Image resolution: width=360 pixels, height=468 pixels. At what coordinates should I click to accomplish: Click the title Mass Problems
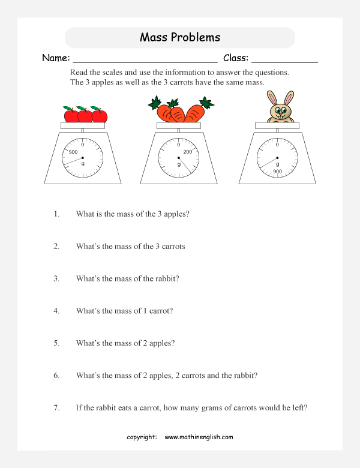(x=180, y=37)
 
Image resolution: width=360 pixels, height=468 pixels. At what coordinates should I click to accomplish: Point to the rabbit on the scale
(x=280, y=109)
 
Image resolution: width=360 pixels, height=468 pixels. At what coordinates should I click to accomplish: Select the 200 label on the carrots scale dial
(x=187, y=152)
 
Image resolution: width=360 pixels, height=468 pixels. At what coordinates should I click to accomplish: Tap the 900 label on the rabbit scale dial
(x=277, y=172)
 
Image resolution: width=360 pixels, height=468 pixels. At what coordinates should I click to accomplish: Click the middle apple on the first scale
(x=85, y=115)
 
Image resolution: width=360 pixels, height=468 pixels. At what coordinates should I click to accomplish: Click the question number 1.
(x=56, y=214)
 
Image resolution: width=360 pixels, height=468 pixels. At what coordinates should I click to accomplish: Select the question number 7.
(x=56, y=408)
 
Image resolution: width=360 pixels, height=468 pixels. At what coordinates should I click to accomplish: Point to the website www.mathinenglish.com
(x=199, y=437)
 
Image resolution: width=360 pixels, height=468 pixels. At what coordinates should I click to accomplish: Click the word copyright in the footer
(x=142, y=437)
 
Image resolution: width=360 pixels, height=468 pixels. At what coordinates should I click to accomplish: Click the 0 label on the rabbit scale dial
(x=277, y=145)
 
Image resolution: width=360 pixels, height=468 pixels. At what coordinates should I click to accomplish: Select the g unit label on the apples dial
(x=83, y=164)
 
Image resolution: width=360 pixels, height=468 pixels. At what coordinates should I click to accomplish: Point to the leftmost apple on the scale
(x=70, y=115)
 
